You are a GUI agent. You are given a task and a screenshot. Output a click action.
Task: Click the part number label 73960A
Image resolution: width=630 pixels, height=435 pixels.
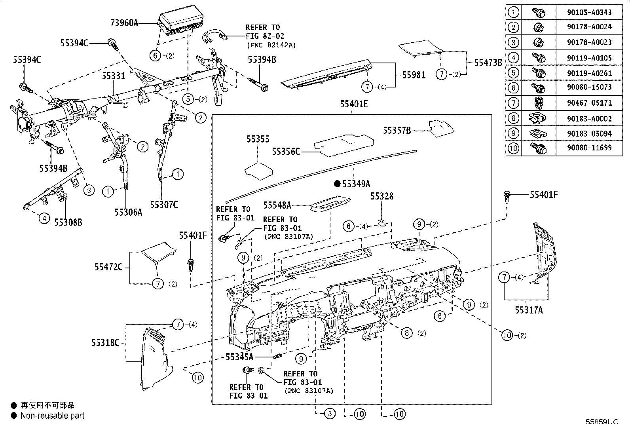coord(124,23)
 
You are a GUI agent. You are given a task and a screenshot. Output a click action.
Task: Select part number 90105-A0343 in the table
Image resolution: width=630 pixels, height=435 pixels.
coord(589,12)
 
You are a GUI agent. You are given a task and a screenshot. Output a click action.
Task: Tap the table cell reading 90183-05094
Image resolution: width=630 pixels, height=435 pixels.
coord(589,133)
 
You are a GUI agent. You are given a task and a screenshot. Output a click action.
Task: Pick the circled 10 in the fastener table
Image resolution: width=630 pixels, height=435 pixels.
coord(513,148)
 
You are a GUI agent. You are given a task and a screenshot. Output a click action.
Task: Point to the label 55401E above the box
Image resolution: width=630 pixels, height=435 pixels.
coord(353,104)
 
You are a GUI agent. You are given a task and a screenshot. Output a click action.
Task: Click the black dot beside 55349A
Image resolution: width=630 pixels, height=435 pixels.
coord(337,184)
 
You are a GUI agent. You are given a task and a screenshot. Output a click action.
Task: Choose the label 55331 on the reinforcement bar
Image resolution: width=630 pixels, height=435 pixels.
coord(114,76)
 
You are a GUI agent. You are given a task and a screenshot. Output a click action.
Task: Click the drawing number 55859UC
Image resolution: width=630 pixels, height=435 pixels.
coord(602,422)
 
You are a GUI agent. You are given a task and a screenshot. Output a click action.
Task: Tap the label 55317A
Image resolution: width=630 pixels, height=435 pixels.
coord(529,310)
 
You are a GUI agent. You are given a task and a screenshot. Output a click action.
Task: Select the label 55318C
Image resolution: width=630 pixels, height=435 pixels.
coord(105,343)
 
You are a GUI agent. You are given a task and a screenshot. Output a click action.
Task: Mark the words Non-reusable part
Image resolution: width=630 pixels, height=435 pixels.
coord(52,416)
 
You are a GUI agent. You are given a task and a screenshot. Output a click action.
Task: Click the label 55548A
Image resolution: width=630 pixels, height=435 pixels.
coord(277,205)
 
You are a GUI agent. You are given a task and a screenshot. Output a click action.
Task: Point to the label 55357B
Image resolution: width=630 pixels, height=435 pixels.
coord(397,130)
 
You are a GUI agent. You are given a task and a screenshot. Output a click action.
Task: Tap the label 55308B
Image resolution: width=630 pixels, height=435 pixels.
coord(68,222)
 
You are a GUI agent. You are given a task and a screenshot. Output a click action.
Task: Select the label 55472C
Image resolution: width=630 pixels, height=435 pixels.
coord(108,267)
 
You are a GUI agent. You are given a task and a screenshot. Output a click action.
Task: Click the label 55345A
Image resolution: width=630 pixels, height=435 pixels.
coord(239,357)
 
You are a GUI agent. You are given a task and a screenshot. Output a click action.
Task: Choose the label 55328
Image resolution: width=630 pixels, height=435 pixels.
coord(381,196)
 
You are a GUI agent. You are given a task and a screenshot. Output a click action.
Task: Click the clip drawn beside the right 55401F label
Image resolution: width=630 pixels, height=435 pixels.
coord(508,196)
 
